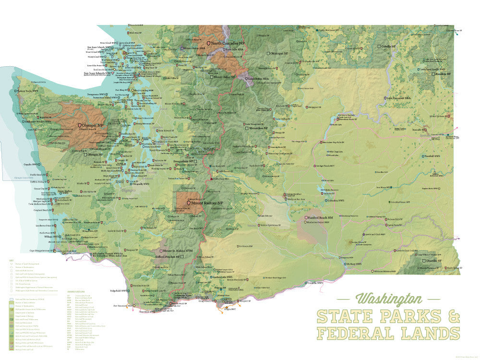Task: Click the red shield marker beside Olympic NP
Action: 80,125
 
